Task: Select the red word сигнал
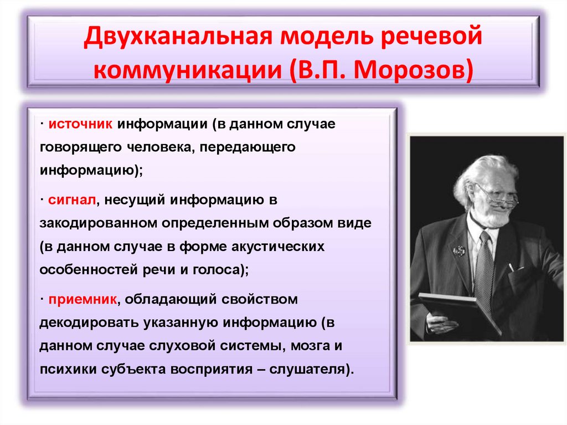click(x=73, y=199)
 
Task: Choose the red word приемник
click(x=81, y=299)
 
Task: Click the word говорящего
click(x=74, y=148)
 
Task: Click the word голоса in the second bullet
click(x=221, y=270)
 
